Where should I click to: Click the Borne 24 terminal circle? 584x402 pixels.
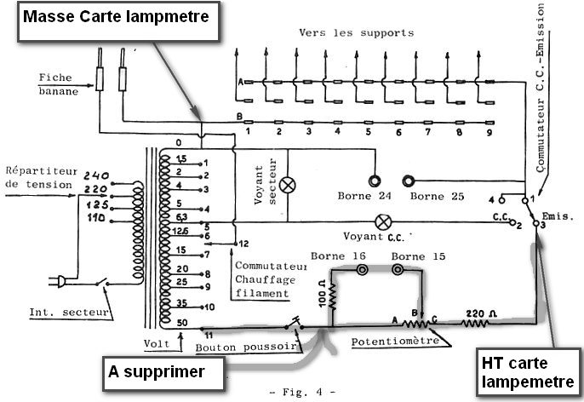374,181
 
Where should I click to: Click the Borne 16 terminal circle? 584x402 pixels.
362,270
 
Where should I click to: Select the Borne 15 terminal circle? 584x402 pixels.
397,270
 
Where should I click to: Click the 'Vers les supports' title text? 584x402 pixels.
356,32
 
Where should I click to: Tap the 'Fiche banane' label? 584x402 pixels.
56,83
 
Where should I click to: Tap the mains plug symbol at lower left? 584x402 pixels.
65,281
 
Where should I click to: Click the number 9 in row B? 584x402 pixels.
489,132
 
